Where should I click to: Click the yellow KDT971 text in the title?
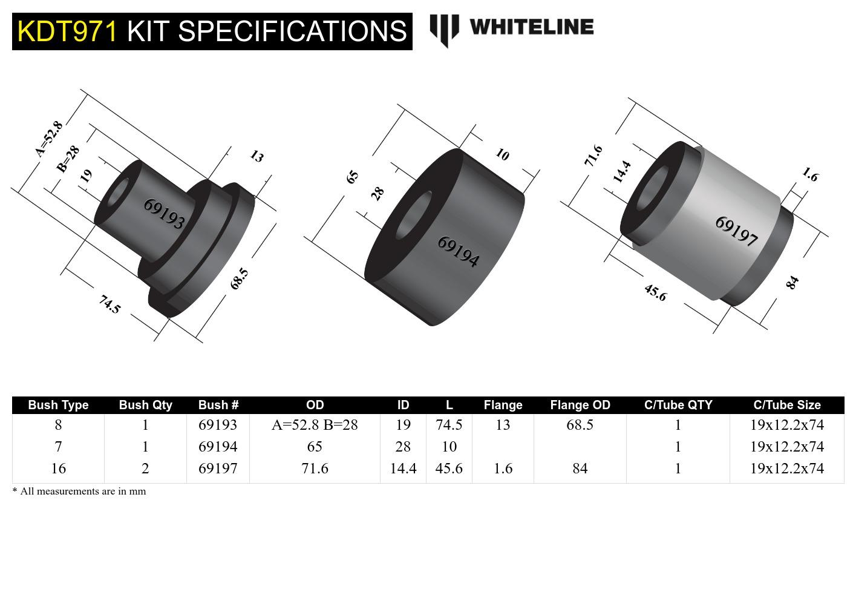(x=67, y=31)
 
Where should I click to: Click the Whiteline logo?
(x=512, y=28)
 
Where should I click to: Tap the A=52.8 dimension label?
(x=49, y=139)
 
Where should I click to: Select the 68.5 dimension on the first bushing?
(x=239, y=278)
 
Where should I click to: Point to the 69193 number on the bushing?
(x=164, y=214)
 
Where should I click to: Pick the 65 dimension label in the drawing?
(x=352, y=176)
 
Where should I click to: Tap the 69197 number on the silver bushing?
(x=736, y=231)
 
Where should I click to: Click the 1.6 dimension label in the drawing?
(x=809, y=175)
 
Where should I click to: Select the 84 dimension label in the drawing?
(x=792, y=283)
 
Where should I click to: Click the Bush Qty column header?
(x=145, y=405)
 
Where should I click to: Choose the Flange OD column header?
(x=580, y=405)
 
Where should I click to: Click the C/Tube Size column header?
(x=786, y=405)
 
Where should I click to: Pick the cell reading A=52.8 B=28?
(x=315, y=425)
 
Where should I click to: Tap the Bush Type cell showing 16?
(x=58, y=469)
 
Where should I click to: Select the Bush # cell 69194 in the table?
(x=218, y=447)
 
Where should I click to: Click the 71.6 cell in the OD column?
(x=315, y=469)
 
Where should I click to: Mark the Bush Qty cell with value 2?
(x=145, y=469)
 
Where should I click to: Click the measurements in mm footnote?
(x=79, y=491)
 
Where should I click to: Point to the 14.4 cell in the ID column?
(x=403, y=469)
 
